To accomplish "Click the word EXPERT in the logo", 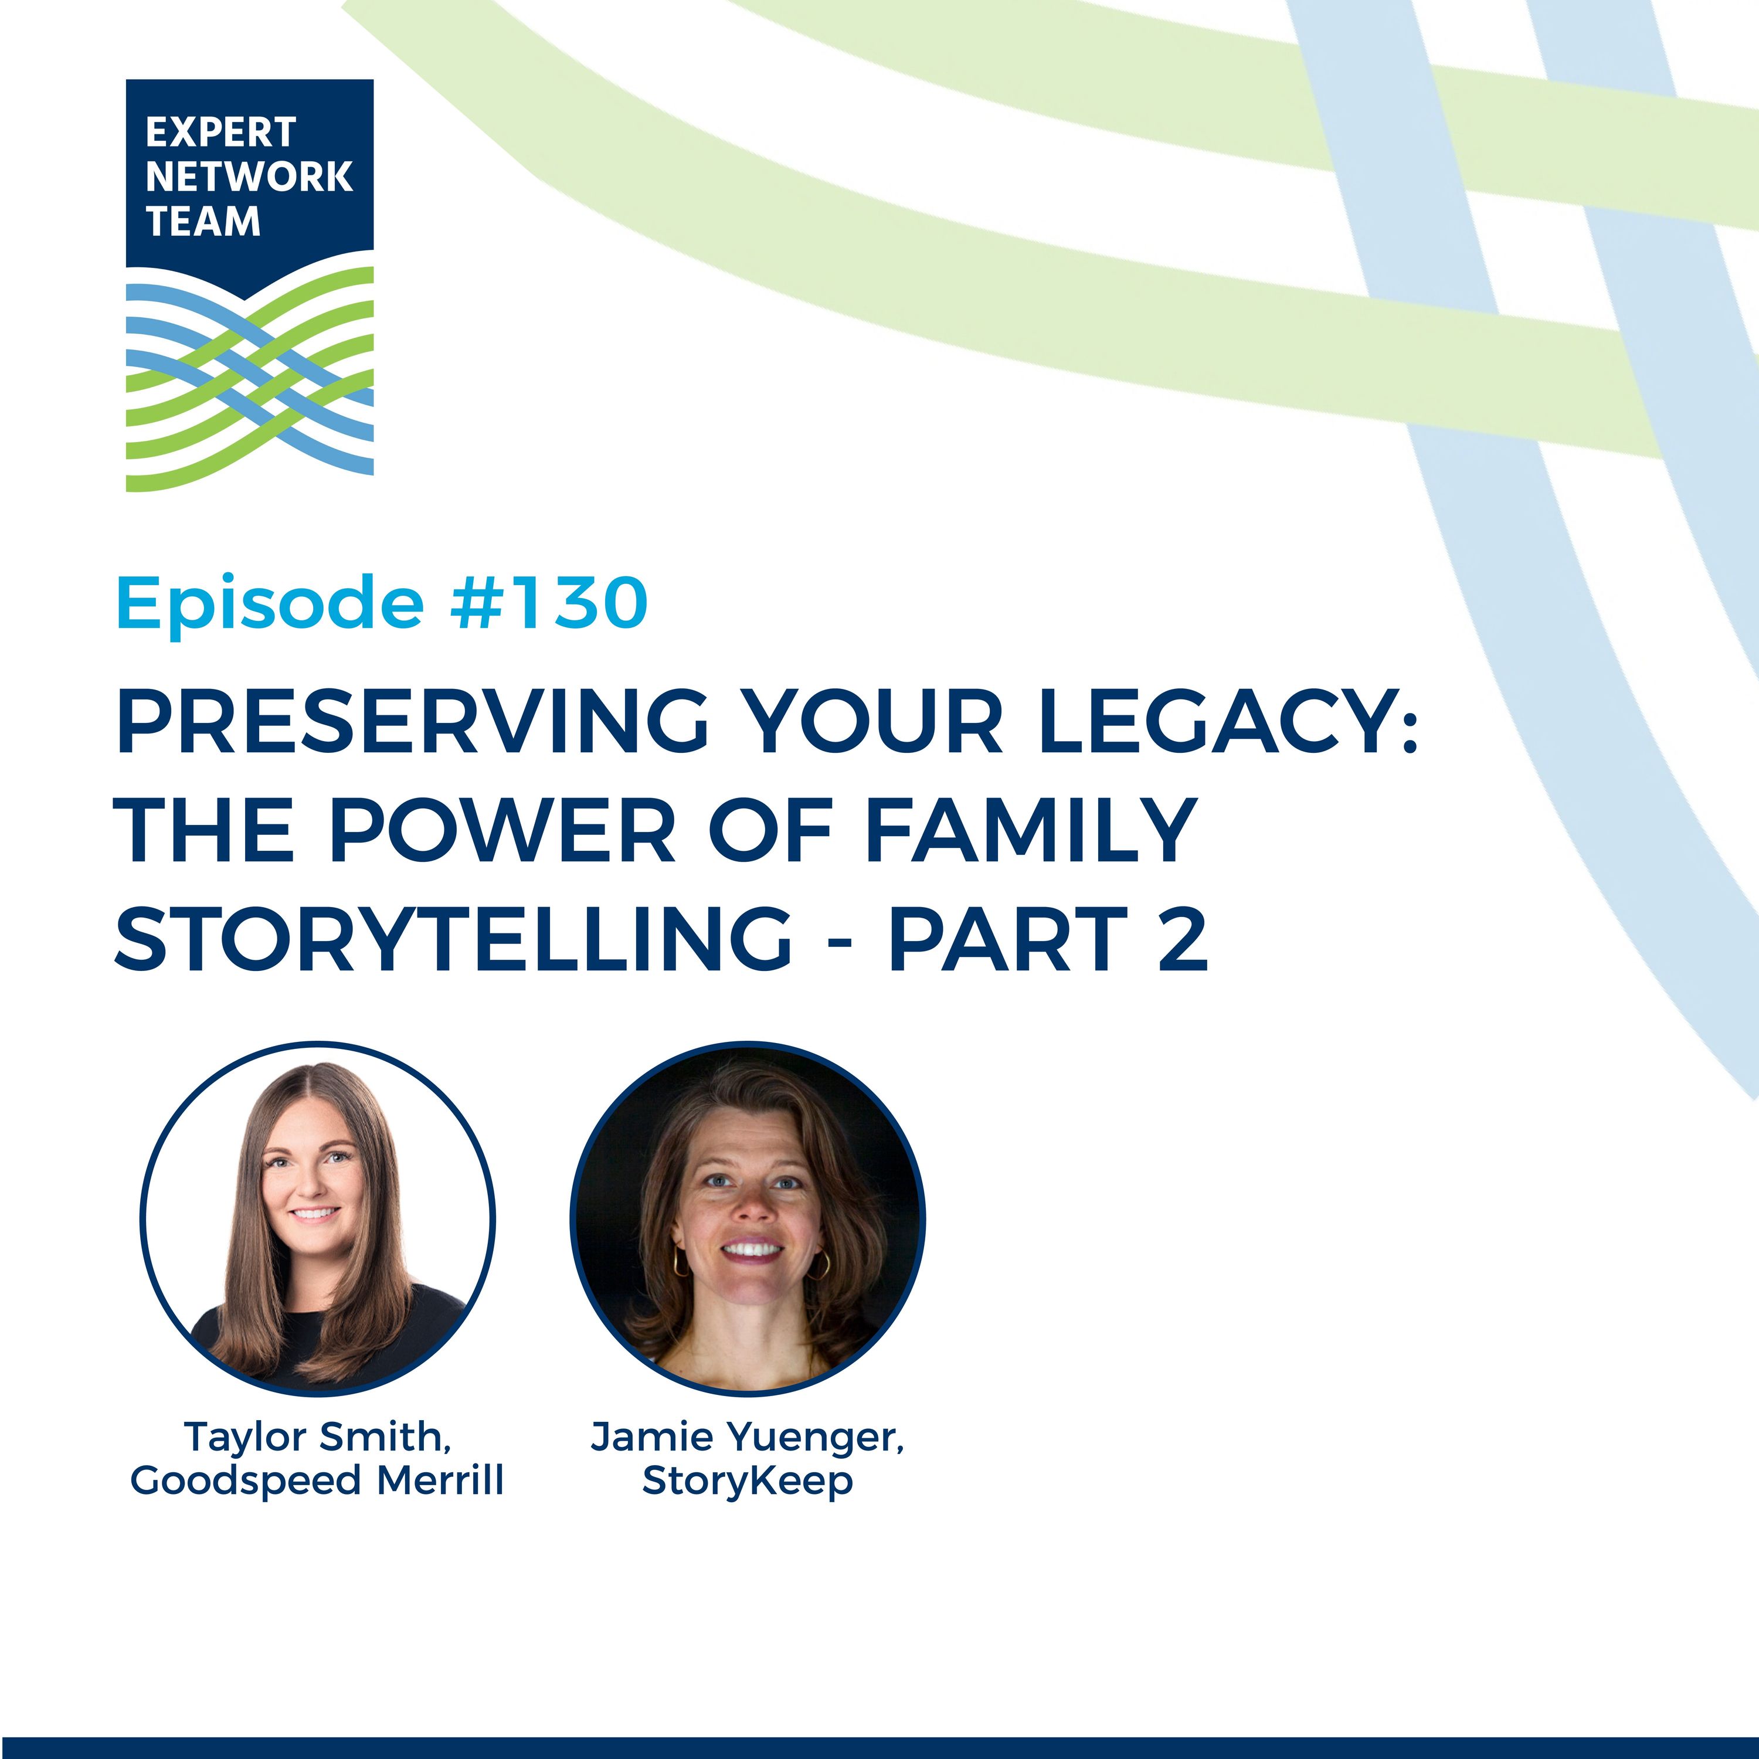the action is [220, 133].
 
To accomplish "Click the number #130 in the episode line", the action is [549, 603].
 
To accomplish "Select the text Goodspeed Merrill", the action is [317, 1481].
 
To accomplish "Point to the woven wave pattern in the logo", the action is [249, 378].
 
